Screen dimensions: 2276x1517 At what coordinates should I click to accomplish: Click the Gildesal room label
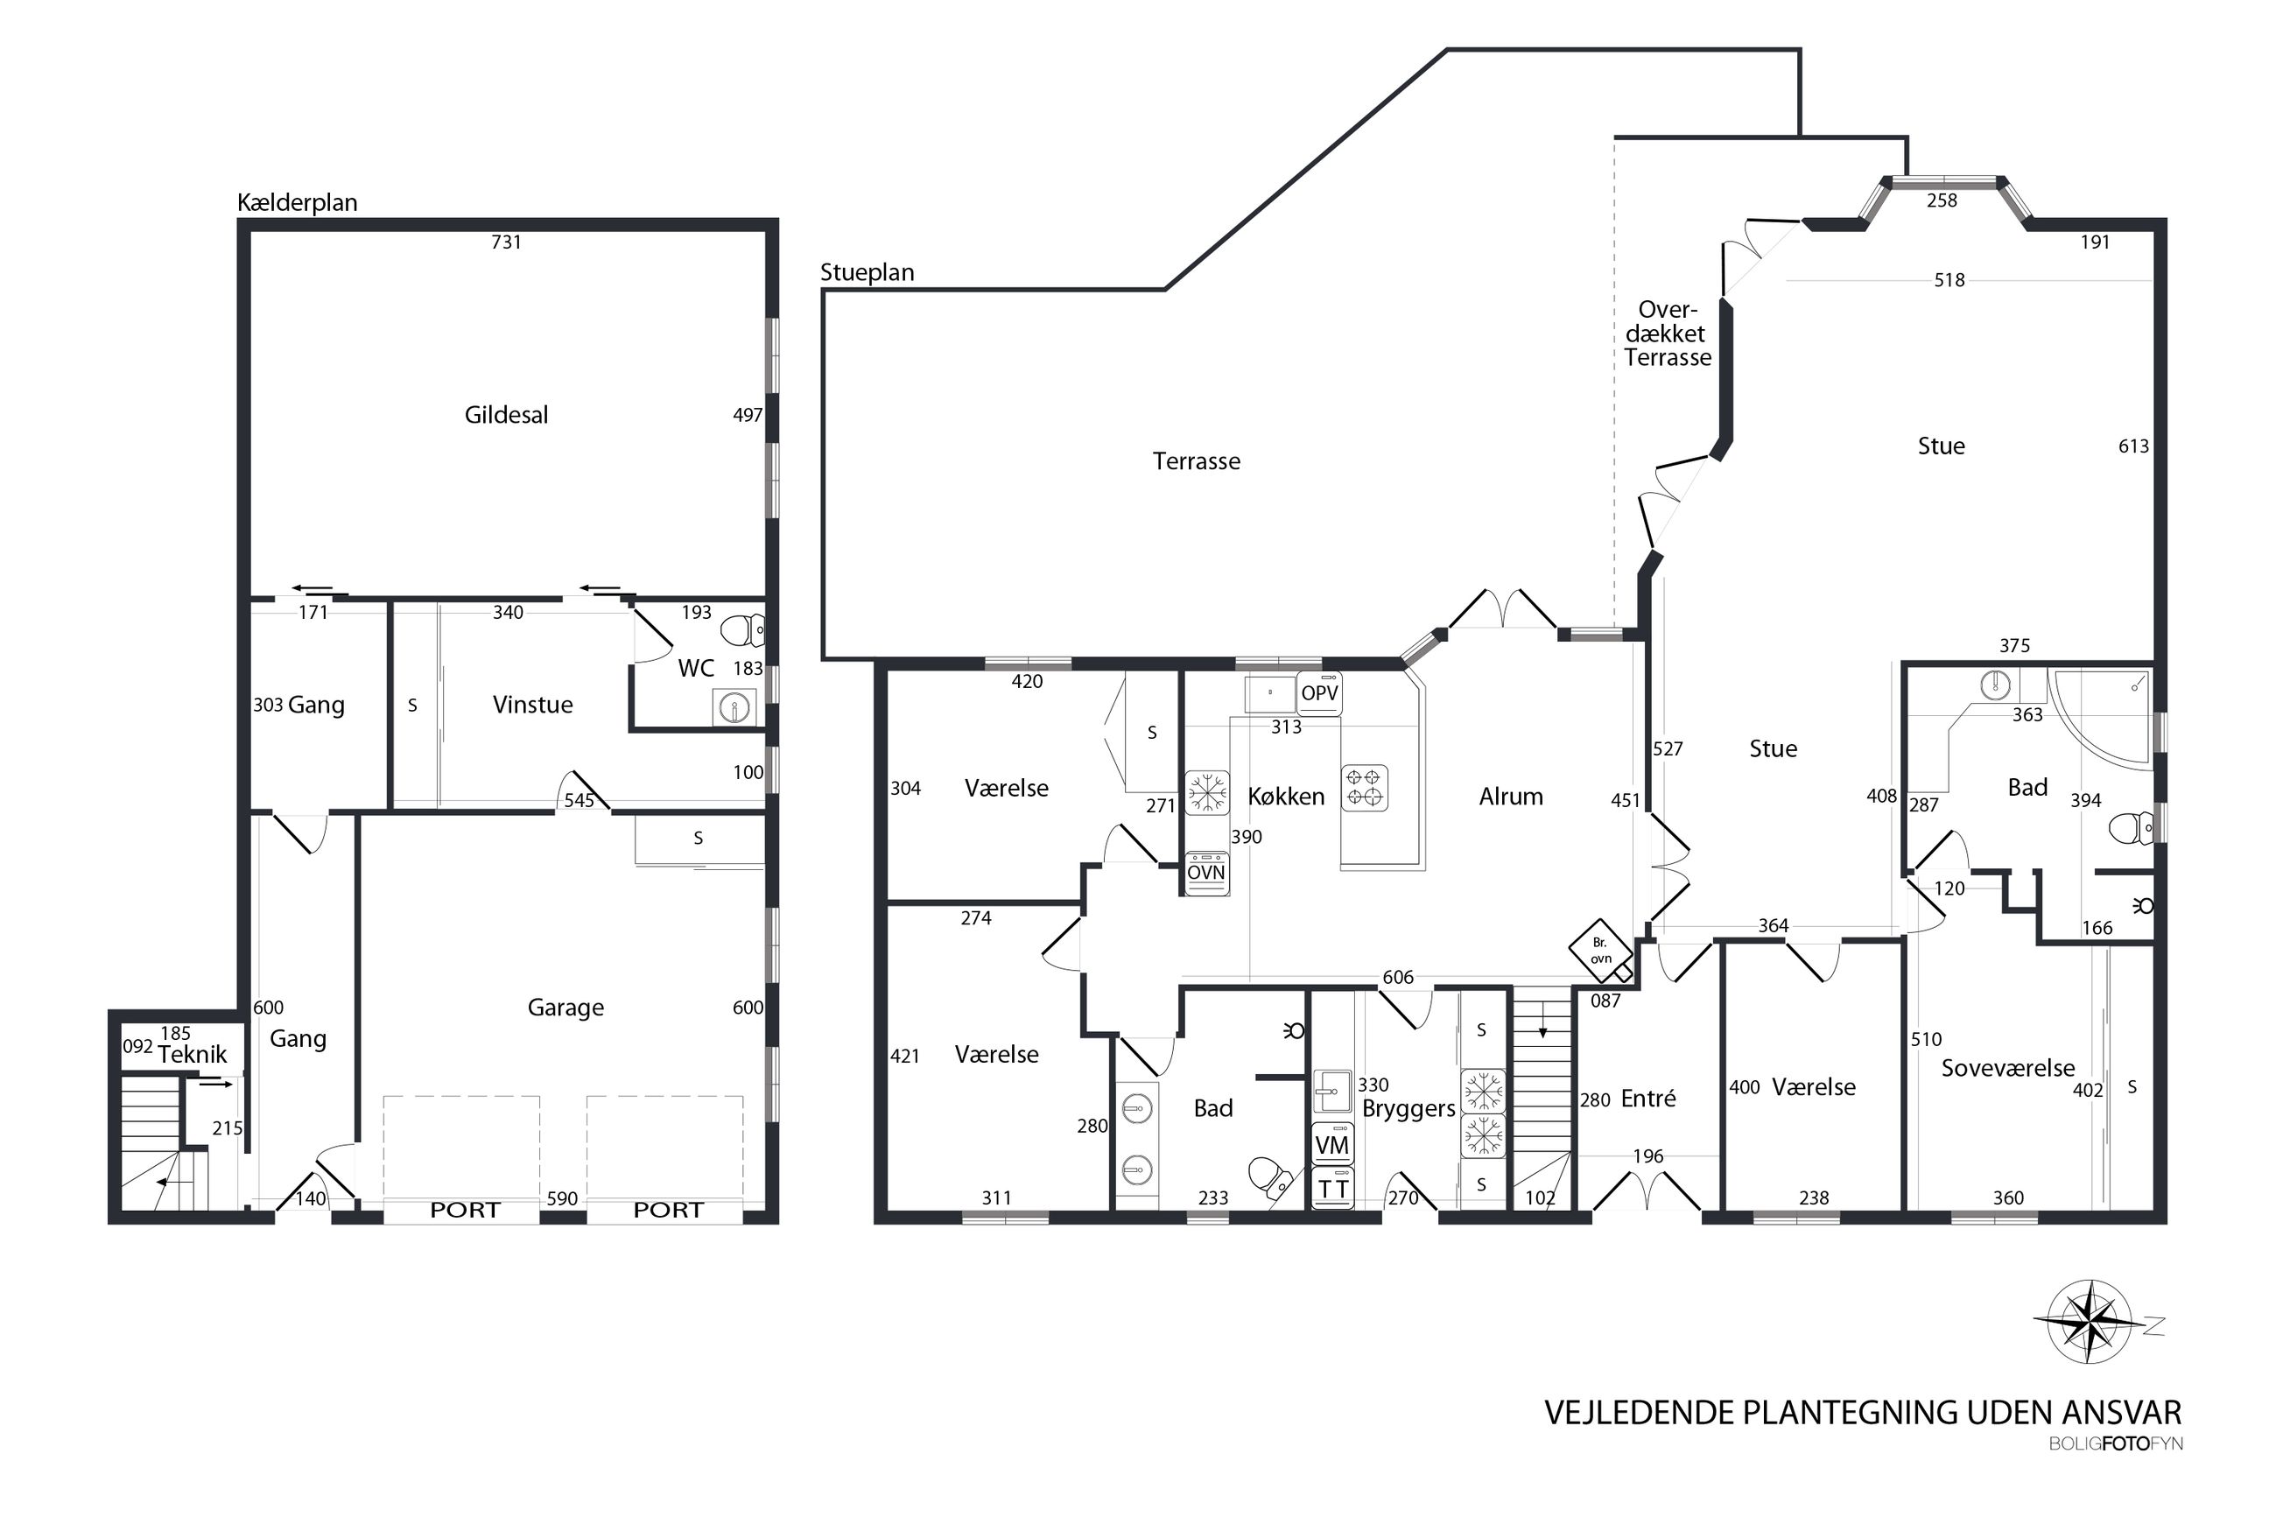(506, 415)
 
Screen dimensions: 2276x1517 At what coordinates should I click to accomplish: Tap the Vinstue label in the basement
(532, 705)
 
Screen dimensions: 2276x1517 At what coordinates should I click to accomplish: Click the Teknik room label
(193, 1055)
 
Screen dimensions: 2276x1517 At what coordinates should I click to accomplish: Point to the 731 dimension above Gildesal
(506, 242)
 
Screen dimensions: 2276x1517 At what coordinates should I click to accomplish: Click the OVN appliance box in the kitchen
(1206, 873)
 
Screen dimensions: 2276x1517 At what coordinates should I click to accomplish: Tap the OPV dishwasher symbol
(1319, 693)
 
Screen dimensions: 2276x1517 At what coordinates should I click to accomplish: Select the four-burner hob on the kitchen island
(1364, 788)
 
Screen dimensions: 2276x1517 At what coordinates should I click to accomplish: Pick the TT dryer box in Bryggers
(1332, 1189)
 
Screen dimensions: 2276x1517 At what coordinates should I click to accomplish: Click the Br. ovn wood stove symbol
(1601, 950)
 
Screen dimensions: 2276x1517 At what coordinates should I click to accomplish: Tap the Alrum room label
(1511, 797)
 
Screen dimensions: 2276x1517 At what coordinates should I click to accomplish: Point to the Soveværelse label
(2008, 1068)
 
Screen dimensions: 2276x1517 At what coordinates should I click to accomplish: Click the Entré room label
(1648, 1098)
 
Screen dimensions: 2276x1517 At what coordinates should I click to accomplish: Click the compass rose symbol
(2090, 1322)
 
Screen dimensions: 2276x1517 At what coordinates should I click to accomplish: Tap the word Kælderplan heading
(297, 203)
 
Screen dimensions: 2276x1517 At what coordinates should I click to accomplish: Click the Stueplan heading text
(867, 273)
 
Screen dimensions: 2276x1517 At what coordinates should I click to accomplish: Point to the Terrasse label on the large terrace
(1196, 461)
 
